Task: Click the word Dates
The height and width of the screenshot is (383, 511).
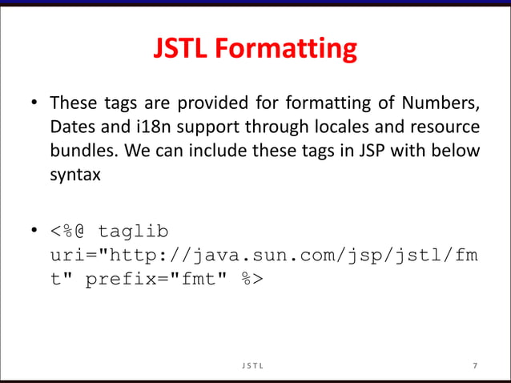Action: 73,128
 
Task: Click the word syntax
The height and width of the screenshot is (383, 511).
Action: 74,175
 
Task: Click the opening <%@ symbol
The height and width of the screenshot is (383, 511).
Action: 69,232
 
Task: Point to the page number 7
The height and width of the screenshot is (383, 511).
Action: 475,366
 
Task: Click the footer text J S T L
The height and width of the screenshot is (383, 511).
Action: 255,366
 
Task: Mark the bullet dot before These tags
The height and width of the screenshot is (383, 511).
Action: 34,105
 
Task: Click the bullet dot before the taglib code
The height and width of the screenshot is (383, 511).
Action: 34,232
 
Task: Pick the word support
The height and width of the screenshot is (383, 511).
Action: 216,128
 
